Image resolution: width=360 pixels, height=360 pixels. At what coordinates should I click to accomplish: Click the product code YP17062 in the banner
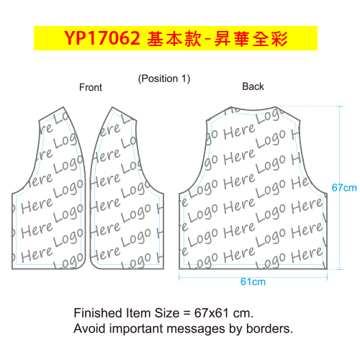click(102, 38)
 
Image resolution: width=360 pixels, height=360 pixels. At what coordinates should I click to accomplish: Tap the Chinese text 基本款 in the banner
click(174, 39)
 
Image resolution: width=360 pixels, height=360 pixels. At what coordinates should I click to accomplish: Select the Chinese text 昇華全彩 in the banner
click(251, 39)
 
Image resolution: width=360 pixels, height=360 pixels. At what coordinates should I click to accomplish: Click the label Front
click(91, 87)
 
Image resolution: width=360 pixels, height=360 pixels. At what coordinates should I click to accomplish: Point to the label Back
click(253, 86)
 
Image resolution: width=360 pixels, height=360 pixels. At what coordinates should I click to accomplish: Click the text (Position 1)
click(164, 78)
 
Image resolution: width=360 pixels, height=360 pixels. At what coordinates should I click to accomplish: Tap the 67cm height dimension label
click(344, 188)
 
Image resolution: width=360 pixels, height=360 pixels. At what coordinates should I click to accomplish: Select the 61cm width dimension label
click(253, 282)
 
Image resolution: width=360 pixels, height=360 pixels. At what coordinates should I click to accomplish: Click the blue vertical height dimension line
click(340, 188)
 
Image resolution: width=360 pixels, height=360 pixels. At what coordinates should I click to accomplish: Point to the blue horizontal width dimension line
click(253, 278)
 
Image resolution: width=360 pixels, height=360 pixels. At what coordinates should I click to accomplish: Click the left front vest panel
click(49, 192)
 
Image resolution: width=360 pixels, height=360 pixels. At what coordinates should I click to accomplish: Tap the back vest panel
click(253, 192)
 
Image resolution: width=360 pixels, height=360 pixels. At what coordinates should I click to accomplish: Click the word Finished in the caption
click(97, 313)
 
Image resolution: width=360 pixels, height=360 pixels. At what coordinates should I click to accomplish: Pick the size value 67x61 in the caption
click(211, 313)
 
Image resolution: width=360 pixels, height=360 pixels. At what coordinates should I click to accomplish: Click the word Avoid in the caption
click(90, 328)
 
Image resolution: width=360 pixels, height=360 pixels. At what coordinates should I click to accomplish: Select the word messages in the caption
click(196, 329)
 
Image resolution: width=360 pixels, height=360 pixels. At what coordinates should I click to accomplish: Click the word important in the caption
click(136, 329)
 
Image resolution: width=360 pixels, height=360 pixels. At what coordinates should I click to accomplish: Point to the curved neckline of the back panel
click(253, 110)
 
